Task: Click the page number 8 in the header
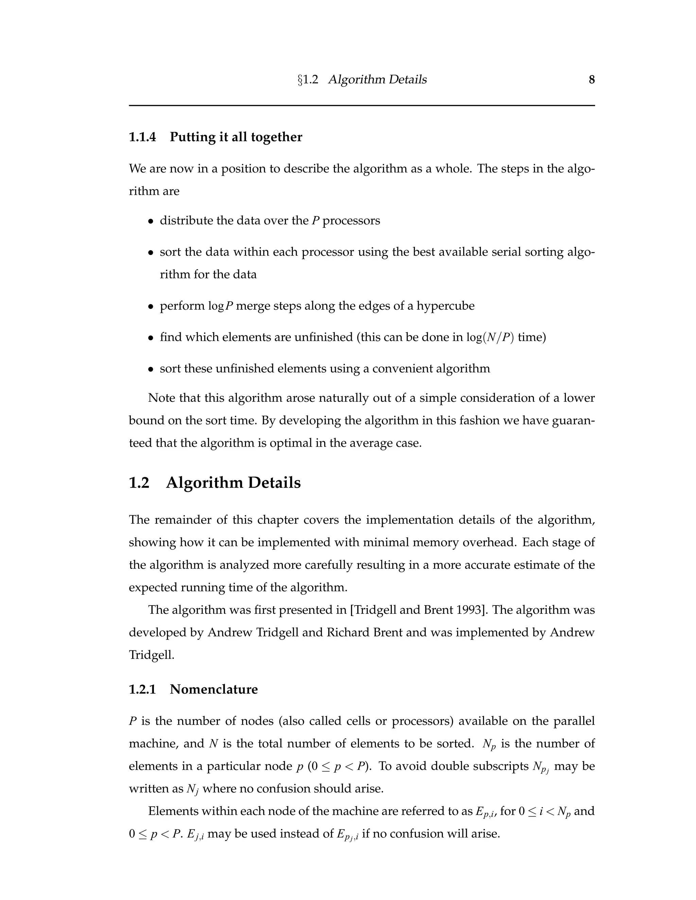click(591, 79)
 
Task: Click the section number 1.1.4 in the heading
click(142, 137)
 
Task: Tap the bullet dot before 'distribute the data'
click(151, 221)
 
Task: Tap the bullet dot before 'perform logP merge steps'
click(151, 307)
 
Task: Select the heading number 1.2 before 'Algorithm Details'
click(139, 483)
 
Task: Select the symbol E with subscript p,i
click(484, 812)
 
